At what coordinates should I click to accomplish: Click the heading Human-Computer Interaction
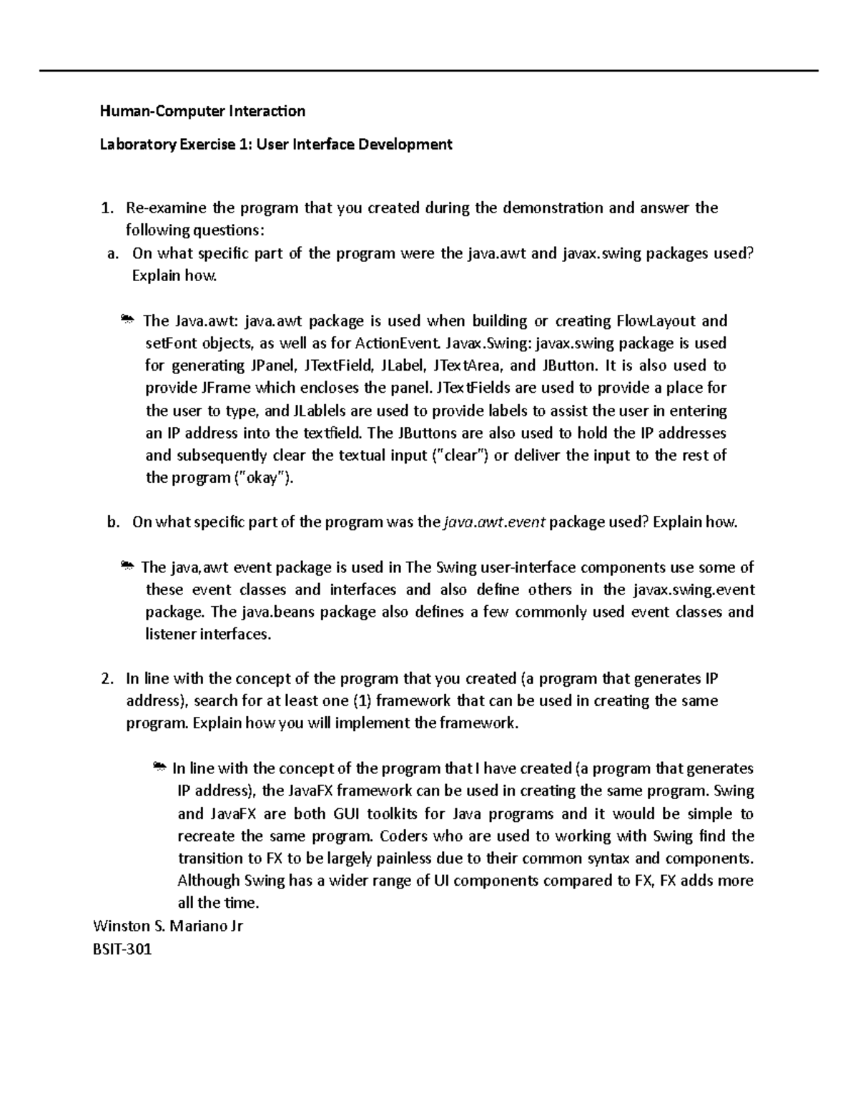click(202, 111)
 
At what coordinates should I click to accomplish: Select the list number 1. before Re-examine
click(107, 208)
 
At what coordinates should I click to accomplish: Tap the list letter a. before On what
click(112, 253)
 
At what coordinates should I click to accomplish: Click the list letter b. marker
click(113, 522)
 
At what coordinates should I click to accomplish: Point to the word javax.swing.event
click(694, 590)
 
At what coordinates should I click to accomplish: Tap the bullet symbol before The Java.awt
click(127, 320)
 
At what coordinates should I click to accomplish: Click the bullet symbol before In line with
click(160, 768)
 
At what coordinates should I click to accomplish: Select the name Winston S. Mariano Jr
click(168, 926)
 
